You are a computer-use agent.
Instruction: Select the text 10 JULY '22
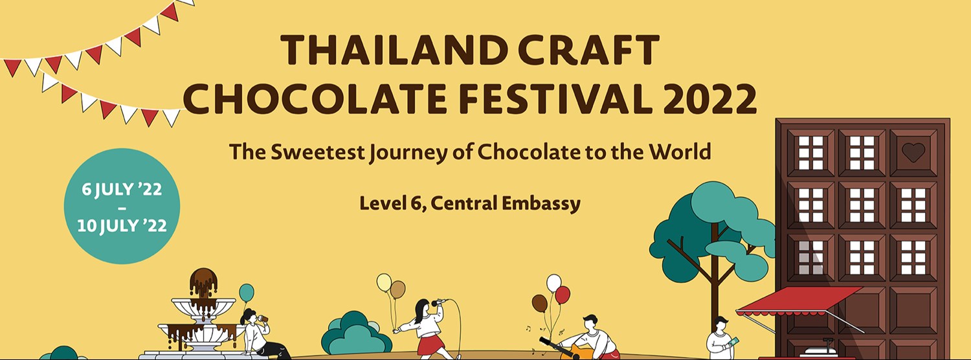click(122, 226)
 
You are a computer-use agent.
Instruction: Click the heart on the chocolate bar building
click(913, 152)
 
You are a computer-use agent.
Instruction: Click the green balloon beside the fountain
click(247, 293)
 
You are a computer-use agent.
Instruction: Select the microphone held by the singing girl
click(440, 302)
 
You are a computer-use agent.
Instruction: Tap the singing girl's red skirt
click(429, 344)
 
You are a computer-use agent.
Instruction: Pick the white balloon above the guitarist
click(553, 283)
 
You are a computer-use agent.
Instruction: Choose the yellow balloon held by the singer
click(384, 282)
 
